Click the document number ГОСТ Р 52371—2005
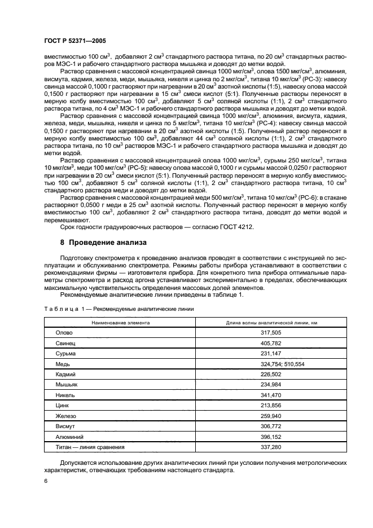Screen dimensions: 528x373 pyautogui.click(x=74, y=42)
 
